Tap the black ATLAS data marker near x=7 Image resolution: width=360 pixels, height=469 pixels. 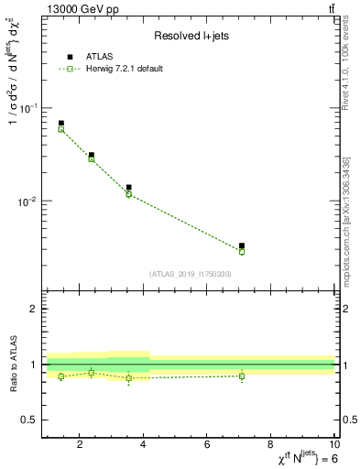pyautogui.click(x=242, y=245)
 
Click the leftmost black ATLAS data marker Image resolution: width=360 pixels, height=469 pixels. pyautogui.click(x=61, y=123)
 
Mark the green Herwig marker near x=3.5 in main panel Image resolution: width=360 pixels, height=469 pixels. pyautogui.click(x=129, y=194)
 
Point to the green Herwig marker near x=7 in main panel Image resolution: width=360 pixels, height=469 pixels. pyautogui.click(x=242, y=251)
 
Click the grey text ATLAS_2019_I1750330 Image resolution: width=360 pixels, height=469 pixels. pyautogui.click(x=190, y=274)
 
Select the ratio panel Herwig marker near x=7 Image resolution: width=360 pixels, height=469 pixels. pyautogui.click(x=242, y=376)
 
